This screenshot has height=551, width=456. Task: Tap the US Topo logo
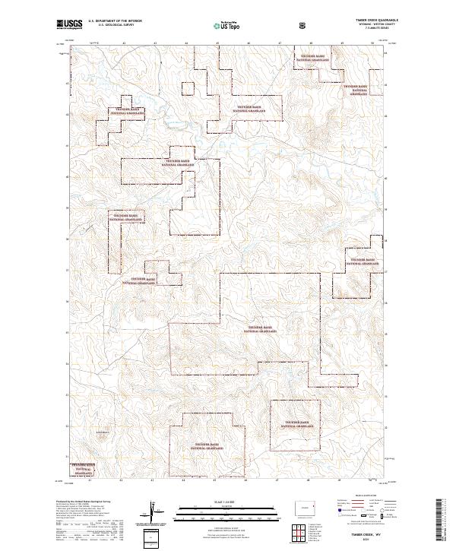(x=219, y=25)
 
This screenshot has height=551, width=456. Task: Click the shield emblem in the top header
(x=302, y=25)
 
